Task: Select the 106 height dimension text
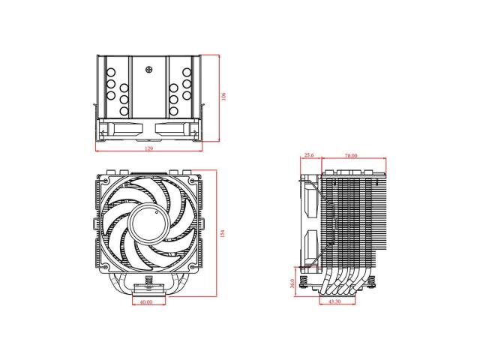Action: coord(223,97)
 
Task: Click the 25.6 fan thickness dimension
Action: coord(308,156)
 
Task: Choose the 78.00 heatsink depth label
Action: coord(351,156)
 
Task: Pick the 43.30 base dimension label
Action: coord(336,302)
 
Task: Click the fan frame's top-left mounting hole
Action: coord(106,181)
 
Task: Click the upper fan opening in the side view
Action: coord(310,199)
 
